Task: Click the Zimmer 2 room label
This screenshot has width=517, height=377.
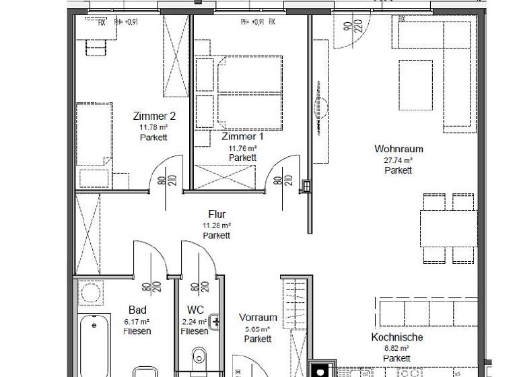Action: pyautogui.click(x=153, y=115)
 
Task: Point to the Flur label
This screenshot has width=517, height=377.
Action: pyautogui.click(x=217, y=215)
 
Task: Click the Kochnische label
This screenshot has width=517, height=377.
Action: pyautogui.click(x=397, y=337)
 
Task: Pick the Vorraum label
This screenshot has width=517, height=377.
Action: pyautogui.click(x=258, y=318)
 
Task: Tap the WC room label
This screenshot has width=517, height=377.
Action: pyautogui.click(x=195, y=310)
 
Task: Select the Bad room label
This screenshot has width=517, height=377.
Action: pyautogui.click(x=137, y=310)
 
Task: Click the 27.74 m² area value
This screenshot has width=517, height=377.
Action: pyautogui.click(x=398, y=160)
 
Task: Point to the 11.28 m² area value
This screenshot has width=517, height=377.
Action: pyautogui.click(x=217, y=226)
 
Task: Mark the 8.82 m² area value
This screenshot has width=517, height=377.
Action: pyautogui.click(x=397, y=349)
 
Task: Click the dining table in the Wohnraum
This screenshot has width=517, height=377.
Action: pyautogui.click(x=449, y=229)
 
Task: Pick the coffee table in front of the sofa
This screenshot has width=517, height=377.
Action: pyautogui.click(x=415, y=85)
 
